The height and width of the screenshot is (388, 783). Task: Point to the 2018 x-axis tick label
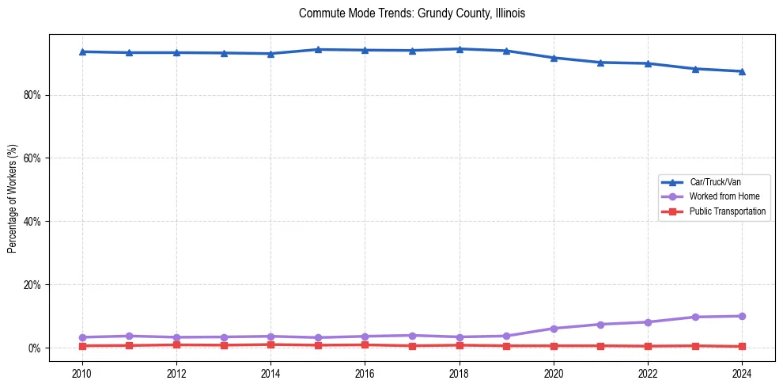tap(460, 372)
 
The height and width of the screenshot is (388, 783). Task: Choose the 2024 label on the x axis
tap(742, 372)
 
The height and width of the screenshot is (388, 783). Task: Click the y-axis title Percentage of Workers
tap(12, 198)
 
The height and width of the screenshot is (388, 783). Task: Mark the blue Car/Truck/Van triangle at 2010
tap(82, 51)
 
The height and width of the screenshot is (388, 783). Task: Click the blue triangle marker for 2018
tap(460, 49)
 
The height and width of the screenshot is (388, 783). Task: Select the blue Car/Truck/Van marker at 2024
tap(742, 71)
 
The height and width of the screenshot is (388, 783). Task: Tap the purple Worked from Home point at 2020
tap(554, 329)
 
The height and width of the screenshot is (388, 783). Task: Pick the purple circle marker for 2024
tap(742, 316)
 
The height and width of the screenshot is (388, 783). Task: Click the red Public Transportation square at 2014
tap(270, 344)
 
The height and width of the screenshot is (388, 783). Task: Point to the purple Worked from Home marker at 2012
tap(176, 337)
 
